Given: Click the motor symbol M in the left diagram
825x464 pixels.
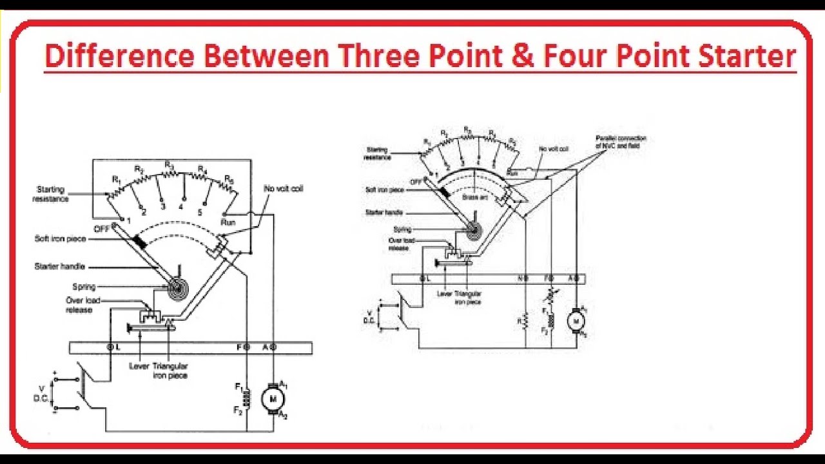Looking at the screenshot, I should [273, 399].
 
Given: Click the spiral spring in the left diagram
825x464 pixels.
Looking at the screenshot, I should [175, 288].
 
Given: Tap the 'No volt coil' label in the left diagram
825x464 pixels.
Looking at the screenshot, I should [283, 189].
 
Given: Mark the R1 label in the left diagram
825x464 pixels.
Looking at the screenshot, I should [116, 179].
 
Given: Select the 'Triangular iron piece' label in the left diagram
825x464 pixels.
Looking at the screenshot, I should [170, 370].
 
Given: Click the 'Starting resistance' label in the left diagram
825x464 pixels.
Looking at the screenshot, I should [50, 194].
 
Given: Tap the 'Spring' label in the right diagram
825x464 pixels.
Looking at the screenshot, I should [402, 229].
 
